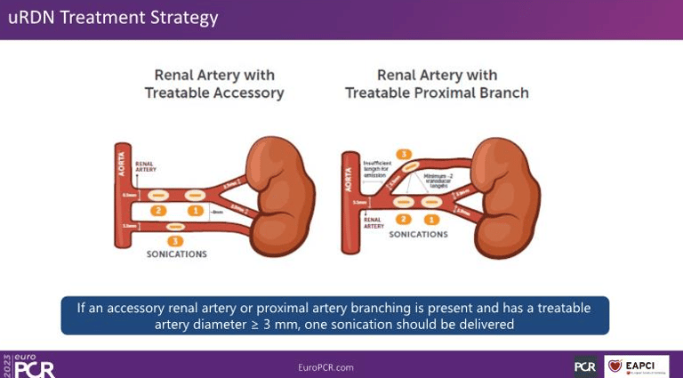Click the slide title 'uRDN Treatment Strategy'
point(112,19)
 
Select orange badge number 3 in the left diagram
point(175,240)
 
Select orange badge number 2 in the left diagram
point(157,211)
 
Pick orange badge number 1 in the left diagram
point(195,211)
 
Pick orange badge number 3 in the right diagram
point(405,155)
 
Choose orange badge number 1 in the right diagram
point(431,219)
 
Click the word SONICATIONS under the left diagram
point(176,254)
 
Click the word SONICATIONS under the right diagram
point(418,234)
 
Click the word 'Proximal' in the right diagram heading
point(433,92)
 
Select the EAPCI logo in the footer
point(637,366)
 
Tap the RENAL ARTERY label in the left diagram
point(145,167)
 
